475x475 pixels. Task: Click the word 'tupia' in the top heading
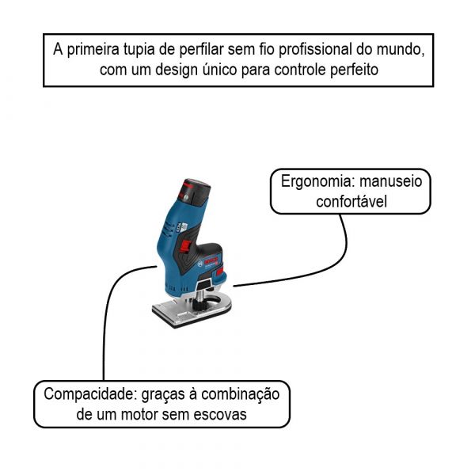139,49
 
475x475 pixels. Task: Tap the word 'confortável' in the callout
351,201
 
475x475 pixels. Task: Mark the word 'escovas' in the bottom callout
221,414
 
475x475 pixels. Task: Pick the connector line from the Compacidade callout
104,332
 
